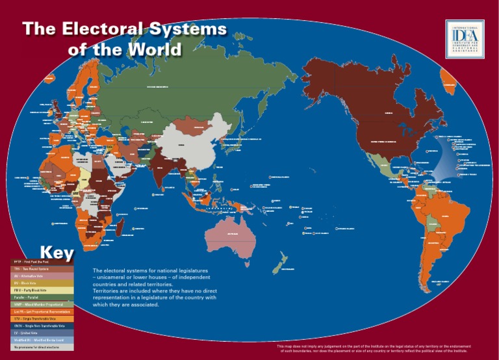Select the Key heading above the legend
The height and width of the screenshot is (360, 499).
pyautogui.click(x=57, y=251)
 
